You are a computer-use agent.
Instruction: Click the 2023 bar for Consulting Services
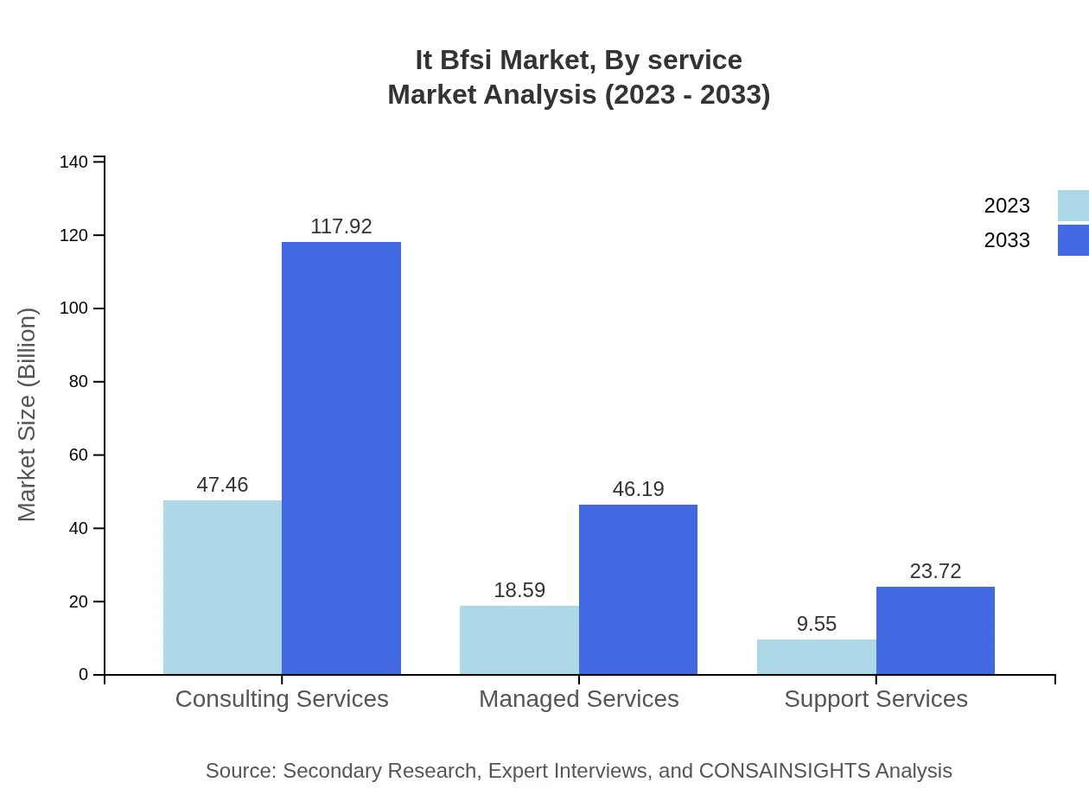pyautogui.click(x=222, y=587)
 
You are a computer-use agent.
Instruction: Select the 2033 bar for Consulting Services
pyautogui.click(x=341, y=458)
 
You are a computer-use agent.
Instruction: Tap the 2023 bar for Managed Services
pyautogui.click(x=519, y=639)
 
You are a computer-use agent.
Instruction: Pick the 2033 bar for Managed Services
pyautogui.click(x=638, y=589)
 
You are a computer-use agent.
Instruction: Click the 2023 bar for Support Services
pyautogui.click(x=817, y=657)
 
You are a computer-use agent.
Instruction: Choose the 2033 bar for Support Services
pyautogui.click(x=935, y=631)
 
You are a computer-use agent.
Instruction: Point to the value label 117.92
pyautogui.click(x=341, y=226)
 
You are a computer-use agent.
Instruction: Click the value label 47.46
pyautogui.click(x=222, y=485)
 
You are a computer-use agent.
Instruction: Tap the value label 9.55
pyautogui.click(x=817, y=624)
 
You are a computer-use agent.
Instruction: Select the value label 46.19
pyautogui.click(x=638, y=489)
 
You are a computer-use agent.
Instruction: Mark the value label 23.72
pyautogui.click(x=935, y=571)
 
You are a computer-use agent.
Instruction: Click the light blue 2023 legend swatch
pyautogui.click(x=1073, y=206)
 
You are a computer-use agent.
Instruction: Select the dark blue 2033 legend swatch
pyautogui.click(x=1073, y=240)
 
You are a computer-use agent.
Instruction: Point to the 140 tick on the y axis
pyautogui.click(x=73, y=162)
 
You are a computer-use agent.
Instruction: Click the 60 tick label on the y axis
pyautogui.click(x=78, y=455)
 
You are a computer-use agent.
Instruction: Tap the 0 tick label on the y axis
pyautogui.click(x=83, y=675)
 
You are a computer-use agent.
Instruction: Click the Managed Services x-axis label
pyautogui.click(x=579, y=698)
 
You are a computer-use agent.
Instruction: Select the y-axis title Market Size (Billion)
pyautogui.click(x=27, y=415)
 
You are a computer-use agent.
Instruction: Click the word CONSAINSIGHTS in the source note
pyautogui.click(x=783, y=771)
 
